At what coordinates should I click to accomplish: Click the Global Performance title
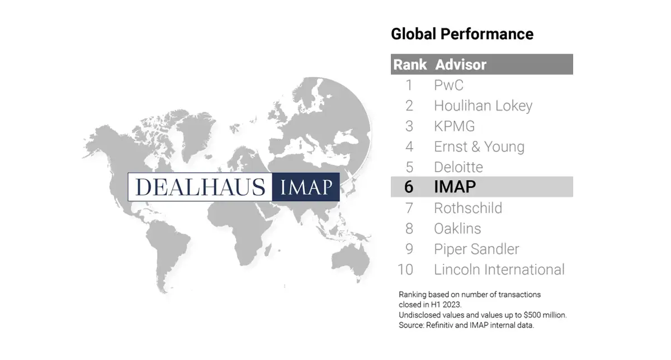point(462,34)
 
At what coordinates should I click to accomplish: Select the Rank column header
point(410,64)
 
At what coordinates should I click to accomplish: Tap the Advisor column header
point(461,64)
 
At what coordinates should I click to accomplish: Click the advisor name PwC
point(448,85)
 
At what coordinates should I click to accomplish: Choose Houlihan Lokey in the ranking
point(483,106)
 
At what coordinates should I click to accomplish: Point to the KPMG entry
point(455,126)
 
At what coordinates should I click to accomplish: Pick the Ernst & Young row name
point(479,147)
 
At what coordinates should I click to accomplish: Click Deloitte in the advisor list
point(459,167)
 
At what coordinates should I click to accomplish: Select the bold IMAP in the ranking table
point(455,187)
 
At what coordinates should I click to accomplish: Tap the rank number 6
point(409,187)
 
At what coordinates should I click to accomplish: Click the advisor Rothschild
point(468,208)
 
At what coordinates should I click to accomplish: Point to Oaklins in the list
point(457,229)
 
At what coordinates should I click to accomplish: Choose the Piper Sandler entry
point(476,249)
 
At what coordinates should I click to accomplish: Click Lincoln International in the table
point(499,269)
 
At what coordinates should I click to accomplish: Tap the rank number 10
point(405,269)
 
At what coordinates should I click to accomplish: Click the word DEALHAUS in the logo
point(200,187)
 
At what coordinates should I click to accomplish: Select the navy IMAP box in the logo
point(306,187)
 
